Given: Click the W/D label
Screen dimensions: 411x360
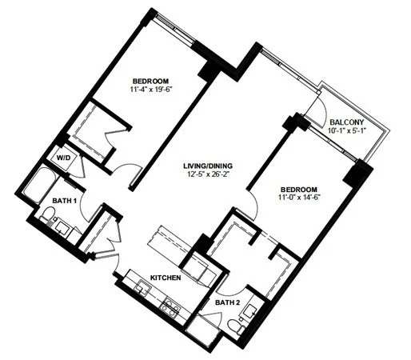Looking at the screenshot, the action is (x=64, y=158).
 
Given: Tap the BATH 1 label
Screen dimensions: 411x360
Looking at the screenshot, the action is (x=64, y=201).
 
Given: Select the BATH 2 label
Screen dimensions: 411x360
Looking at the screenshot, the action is (x=227, y=302).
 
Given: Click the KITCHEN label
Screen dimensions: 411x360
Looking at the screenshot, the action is (x=166, y=278).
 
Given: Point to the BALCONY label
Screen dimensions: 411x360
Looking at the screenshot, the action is (x=346, y=122).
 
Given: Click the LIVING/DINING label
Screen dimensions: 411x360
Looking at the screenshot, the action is (x=208, y=166).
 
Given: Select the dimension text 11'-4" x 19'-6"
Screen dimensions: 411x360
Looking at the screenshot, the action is (x=150, y=90).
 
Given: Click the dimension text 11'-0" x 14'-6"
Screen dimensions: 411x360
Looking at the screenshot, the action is (x=299, y=198).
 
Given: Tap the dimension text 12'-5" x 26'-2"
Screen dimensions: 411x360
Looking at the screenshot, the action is (x=208, y=174).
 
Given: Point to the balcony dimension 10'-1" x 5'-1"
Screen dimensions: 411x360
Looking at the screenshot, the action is (x=346, y=130).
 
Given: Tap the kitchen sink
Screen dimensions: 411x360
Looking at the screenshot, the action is (x=142, y=288).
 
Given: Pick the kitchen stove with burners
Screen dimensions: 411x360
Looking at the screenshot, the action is (x=170, y=307).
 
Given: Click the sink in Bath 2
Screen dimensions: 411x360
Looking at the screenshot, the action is (x=249, y=310).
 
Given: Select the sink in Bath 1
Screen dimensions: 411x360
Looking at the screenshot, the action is (x=62, y=227).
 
